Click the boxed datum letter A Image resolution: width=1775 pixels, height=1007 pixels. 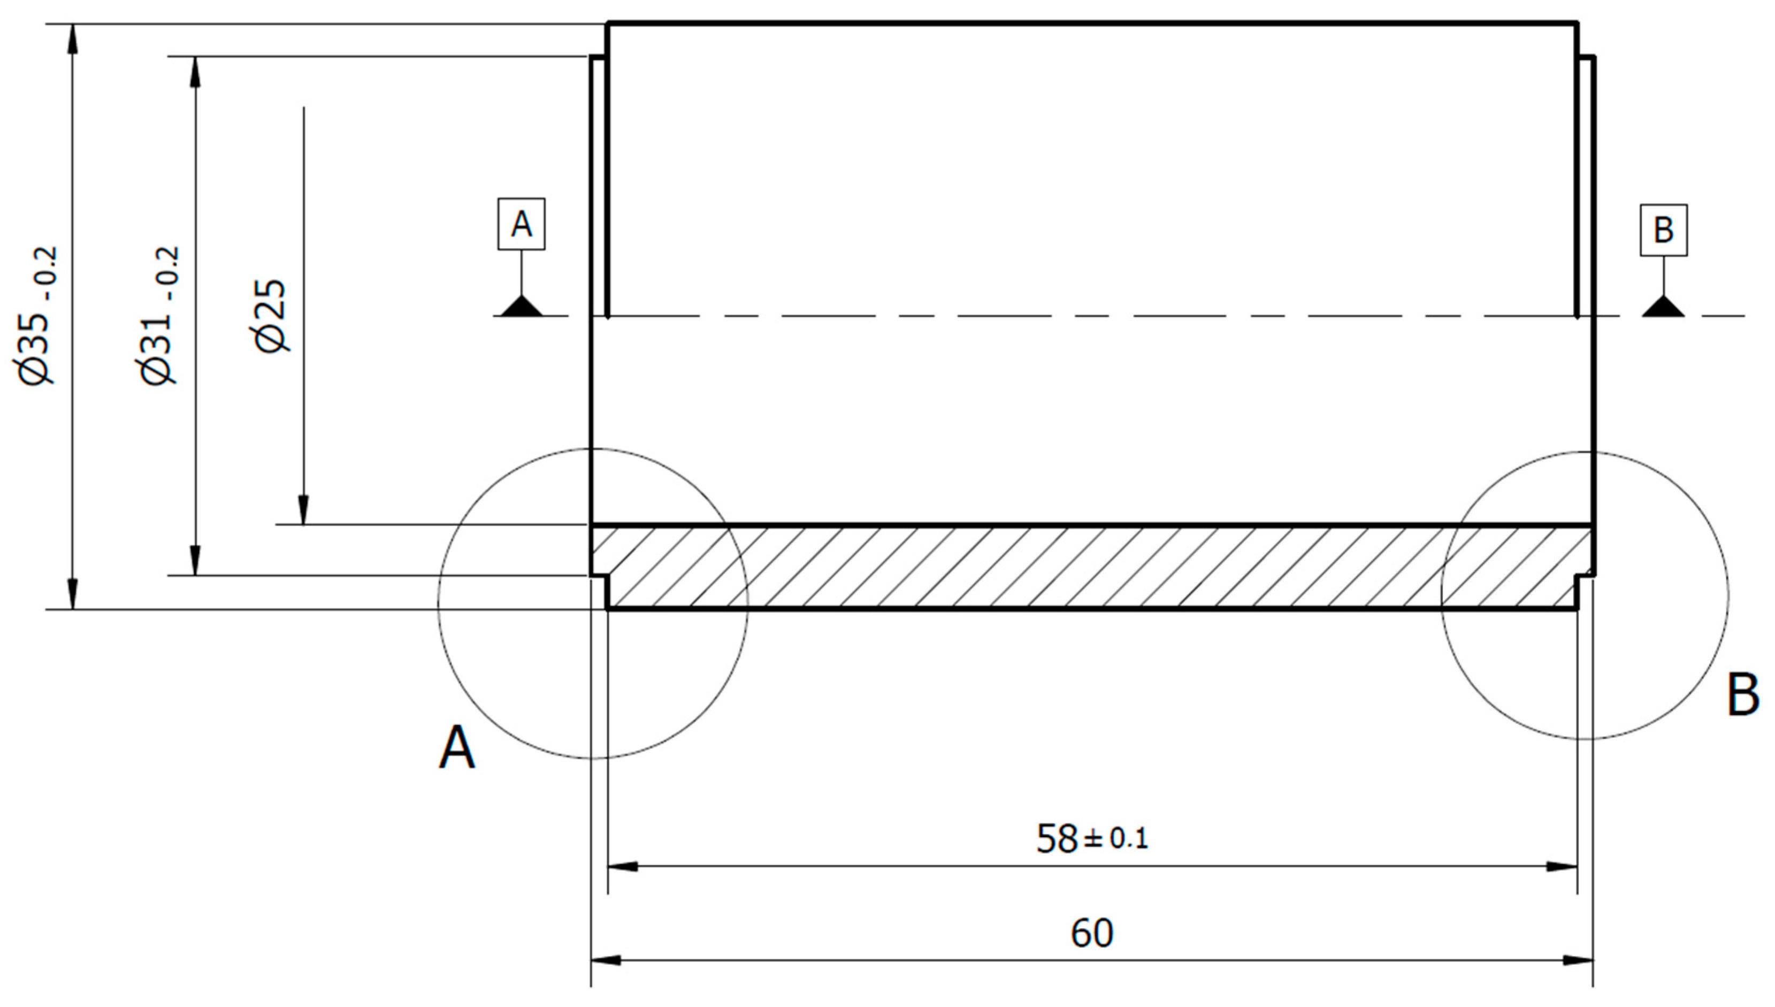tap(522, 224)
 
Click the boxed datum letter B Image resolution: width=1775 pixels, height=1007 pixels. tap(1663, 230)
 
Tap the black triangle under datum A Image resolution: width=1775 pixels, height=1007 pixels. tap(522, 307)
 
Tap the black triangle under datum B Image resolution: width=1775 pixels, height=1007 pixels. tap(1663, 307)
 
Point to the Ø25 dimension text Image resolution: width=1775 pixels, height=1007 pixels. tap(271, 316)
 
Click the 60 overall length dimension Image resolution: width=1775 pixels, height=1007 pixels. tap(1091, 933)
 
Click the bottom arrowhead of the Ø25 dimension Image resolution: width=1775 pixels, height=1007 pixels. tap(303, 510)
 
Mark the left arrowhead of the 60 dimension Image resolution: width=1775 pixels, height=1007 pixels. tap(606, 960)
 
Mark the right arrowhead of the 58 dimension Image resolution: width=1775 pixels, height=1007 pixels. tap(1562, 866)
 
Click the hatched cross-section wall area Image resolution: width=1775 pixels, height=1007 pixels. tap(1037, 567)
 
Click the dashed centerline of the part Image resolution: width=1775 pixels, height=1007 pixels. tap(1037, 316)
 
